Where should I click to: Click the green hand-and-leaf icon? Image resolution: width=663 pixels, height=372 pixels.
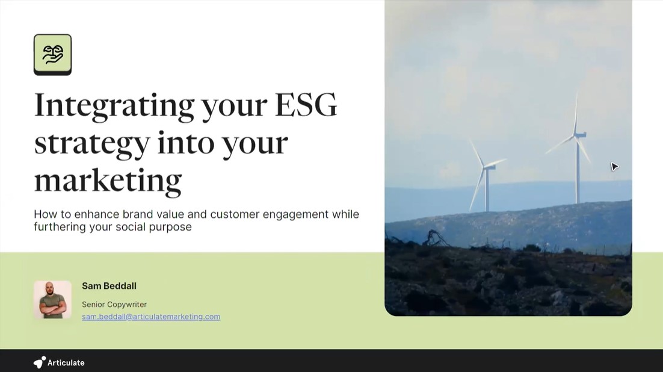pos(52,54)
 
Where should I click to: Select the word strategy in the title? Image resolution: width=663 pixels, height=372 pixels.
pos(92,143)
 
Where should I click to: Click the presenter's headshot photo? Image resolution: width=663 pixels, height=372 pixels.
pos(52,299)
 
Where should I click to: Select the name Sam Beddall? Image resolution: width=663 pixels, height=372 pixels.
pos(109,286)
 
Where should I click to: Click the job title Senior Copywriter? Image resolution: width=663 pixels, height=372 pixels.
pos(114,305)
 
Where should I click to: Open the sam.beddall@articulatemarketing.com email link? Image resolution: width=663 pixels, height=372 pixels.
pos(151,317)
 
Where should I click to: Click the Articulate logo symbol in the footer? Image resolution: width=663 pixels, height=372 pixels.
pos(39,362)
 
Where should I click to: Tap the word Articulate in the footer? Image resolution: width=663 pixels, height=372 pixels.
pos(66,363)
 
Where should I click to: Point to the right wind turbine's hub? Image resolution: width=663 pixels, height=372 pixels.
pos(577,135)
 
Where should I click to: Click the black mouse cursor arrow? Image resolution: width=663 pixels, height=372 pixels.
pos(614,167)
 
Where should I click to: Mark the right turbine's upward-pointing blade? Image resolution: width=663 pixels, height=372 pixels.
pos(576,114)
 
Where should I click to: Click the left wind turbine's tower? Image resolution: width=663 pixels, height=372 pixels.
pos(487,191)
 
